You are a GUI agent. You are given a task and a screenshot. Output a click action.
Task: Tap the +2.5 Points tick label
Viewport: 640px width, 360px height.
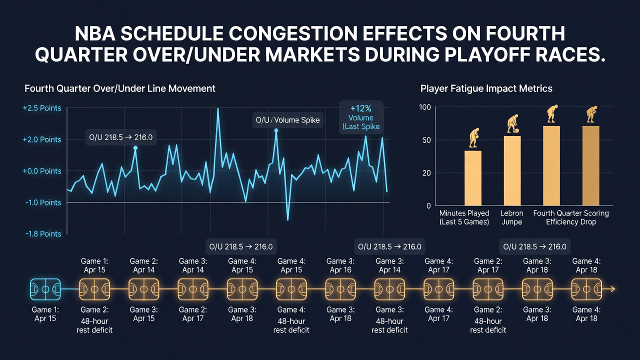click(42, 108)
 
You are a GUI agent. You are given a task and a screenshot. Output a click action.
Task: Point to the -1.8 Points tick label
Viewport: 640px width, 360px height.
click(43, 234)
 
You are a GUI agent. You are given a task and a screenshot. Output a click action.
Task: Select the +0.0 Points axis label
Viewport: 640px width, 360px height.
click(42, 171)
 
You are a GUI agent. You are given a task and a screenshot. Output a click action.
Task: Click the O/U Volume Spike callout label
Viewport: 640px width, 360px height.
click(287, 120)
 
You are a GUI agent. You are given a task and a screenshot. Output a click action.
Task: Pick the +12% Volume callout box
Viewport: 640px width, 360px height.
click(361, 117)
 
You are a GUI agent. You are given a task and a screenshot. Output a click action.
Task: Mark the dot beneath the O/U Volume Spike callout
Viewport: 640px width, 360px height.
click(276, 130)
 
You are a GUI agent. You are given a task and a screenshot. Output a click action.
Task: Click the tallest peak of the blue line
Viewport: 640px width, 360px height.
click(218, 108)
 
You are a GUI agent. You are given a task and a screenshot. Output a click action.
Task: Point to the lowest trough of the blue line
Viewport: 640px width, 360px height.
click(287, 219)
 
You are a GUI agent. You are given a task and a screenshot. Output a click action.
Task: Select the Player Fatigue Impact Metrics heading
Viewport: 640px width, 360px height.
click(486, 88)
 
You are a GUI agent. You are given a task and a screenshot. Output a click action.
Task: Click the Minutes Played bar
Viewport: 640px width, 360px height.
click(473, 178)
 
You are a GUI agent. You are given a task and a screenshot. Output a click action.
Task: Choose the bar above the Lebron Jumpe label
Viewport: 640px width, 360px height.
click(512, 170)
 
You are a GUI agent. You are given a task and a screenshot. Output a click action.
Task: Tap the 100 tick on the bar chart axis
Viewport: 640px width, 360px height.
click(425, 107)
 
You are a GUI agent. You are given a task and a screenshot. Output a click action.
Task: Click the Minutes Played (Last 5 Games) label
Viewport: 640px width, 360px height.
click(464, 217)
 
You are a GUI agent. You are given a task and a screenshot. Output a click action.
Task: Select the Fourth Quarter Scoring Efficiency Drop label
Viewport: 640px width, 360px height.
click(571, 217)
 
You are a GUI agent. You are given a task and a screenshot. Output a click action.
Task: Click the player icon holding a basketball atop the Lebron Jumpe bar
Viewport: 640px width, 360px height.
click(513, 123)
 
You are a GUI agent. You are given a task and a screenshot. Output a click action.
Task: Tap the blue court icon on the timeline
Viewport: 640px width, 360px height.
click(45, 289)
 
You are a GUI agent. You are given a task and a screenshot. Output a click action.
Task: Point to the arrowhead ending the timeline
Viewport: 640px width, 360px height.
click(612, 289)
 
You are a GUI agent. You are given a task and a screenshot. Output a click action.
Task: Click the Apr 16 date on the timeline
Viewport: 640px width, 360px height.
click(340, 270)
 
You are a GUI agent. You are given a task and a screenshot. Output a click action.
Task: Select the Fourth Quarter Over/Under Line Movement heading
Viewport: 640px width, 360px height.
click(120, 88)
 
